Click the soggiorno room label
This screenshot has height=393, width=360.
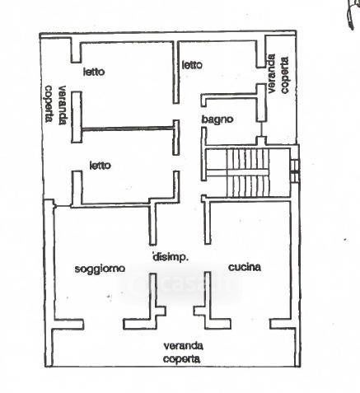[100, 269]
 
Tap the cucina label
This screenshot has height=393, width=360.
[245, 267]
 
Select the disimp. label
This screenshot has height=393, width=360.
[171, 257]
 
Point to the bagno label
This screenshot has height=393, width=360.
[217, 119]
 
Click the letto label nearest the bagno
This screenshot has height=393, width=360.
[192, 65]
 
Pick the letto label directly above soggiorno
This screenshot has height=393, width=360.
[101, 166]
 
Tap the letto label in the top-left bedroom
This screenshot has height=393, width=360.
[94, 72]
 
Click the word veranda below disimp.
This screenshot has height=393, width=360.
[184, 346]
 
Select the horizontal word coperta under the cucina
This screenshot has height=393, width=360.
[181, 358]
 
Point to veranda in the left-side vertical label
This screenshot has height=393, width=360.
[63, 105]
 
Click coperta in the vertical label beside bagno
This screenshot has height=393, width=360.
[285, 75]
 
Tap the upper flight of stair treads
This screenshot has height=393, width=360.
[247, 159]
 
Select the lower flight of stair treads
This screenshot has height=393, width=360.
[247, 186]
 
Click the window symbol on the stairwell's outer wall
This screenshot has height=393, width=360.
[295, 171]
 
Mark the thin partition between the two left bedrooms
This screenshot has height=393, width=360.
[128, 129]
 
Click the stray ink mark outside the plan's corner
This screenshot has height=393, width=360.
[352, 14]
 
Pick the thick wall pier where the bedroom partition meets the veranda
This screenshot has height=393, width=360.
[77, 117]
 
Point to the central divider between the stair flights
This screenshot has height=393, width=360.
[237, 172]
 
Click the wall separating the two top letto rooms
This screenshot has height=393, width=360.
[176, 73]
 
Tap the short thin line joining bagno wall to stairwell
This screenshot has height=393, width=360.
[261, 129]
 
